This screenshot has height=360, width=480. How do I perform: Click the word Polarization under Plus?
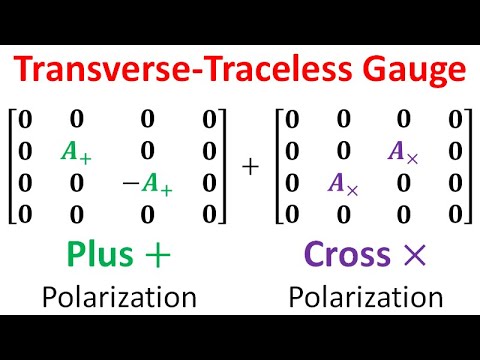point(118,297)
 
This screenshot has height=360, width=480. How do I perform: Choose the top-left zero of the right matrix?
point(291,120)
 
